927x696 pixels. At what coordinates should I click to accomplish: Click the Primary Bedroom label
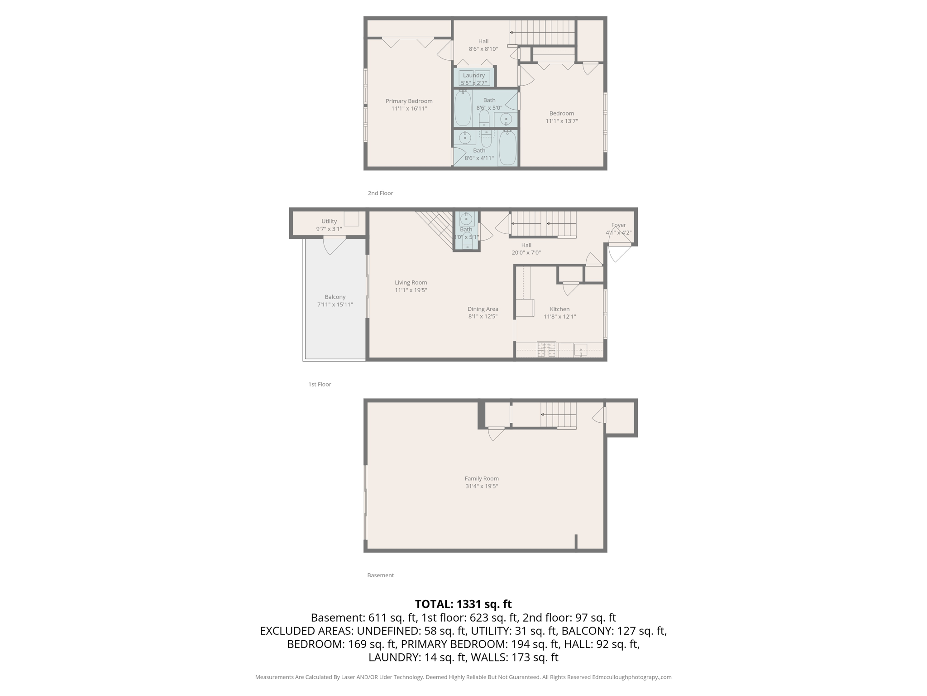(409, 101)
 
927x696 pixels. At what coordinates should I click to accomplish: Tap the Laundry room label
(473, 75)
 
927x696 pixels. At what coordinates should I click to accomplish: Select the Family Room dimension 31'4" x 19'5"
(482, 486)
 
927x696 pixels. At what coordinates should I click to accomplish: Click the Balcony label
(335, 297)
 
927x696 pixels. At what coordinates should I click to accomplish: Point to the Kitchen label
(559, 309)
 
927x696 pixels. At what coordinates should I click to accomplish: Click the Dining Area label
(483, 309)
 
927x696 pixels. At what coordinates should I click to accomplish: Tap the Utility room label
(329, 221)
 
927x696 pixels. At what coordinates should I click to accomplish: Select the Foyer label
(618, 225)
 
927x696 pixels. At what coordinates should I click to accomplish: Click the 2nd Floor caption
(380, 193)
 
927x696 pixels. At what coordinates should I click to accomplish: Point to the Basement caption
(380, 575)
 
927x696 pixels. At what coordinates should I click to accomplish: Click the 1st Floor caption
(320, 384)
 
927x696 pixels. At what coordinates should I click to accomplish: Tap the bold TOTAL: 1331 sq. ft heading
(463, 604)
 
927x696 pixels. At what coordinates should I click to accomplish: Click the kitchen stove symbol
(546, 350)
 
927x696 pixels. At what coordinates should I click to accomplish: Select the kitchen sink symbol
(580, 350)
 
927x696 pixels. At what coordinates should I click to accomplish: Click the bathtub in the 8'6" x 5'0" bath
(463, 109)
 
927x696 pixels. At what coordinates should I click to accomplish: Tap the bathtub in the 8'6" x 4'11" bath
(507, 148)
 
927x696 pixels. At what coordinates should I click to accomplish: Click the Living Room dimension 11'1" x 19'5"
(411, 290)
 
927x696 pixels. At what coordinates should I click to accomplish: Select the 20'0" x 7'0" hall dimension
(526, 253)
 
